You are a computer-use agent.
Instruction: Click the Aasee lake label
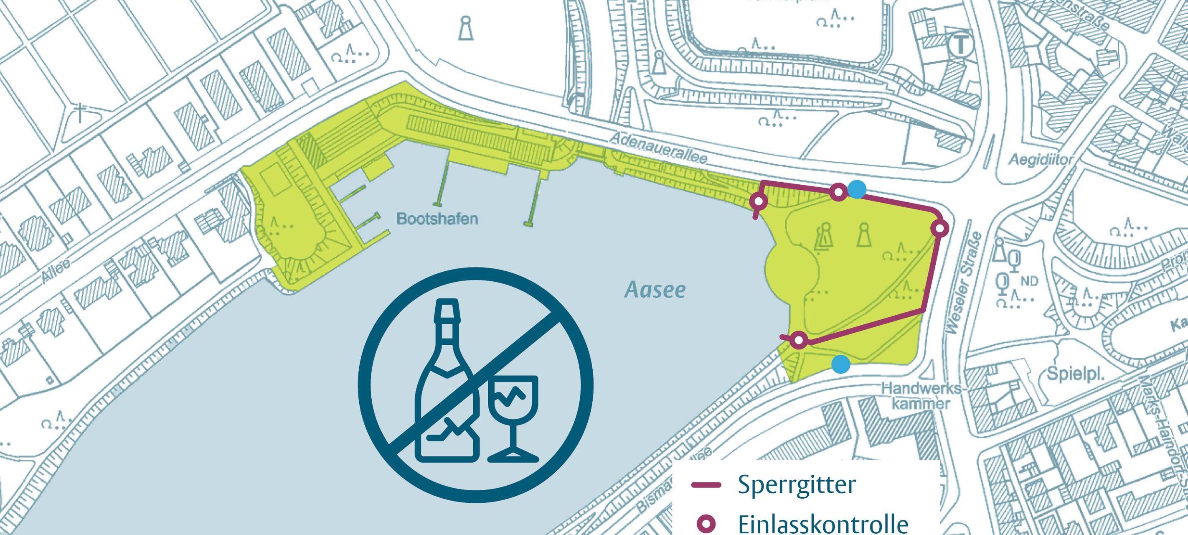(x=655, y=289)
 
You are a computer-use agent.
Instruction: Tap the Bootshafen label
(x=437, y=218)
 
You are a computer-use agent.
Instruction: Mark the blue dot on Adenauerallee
(x=856, y=189)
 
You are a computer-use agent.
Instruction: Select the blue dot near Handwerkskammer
(x=840, y=364)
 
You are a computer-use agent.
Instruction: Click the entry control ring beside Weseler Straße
(x=940, y=228)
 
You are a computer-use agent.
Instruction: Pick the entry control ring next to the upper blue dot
(x=838, y=192)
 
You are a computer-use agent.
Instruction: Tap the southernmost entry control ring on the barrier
(x=799, y=341)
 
